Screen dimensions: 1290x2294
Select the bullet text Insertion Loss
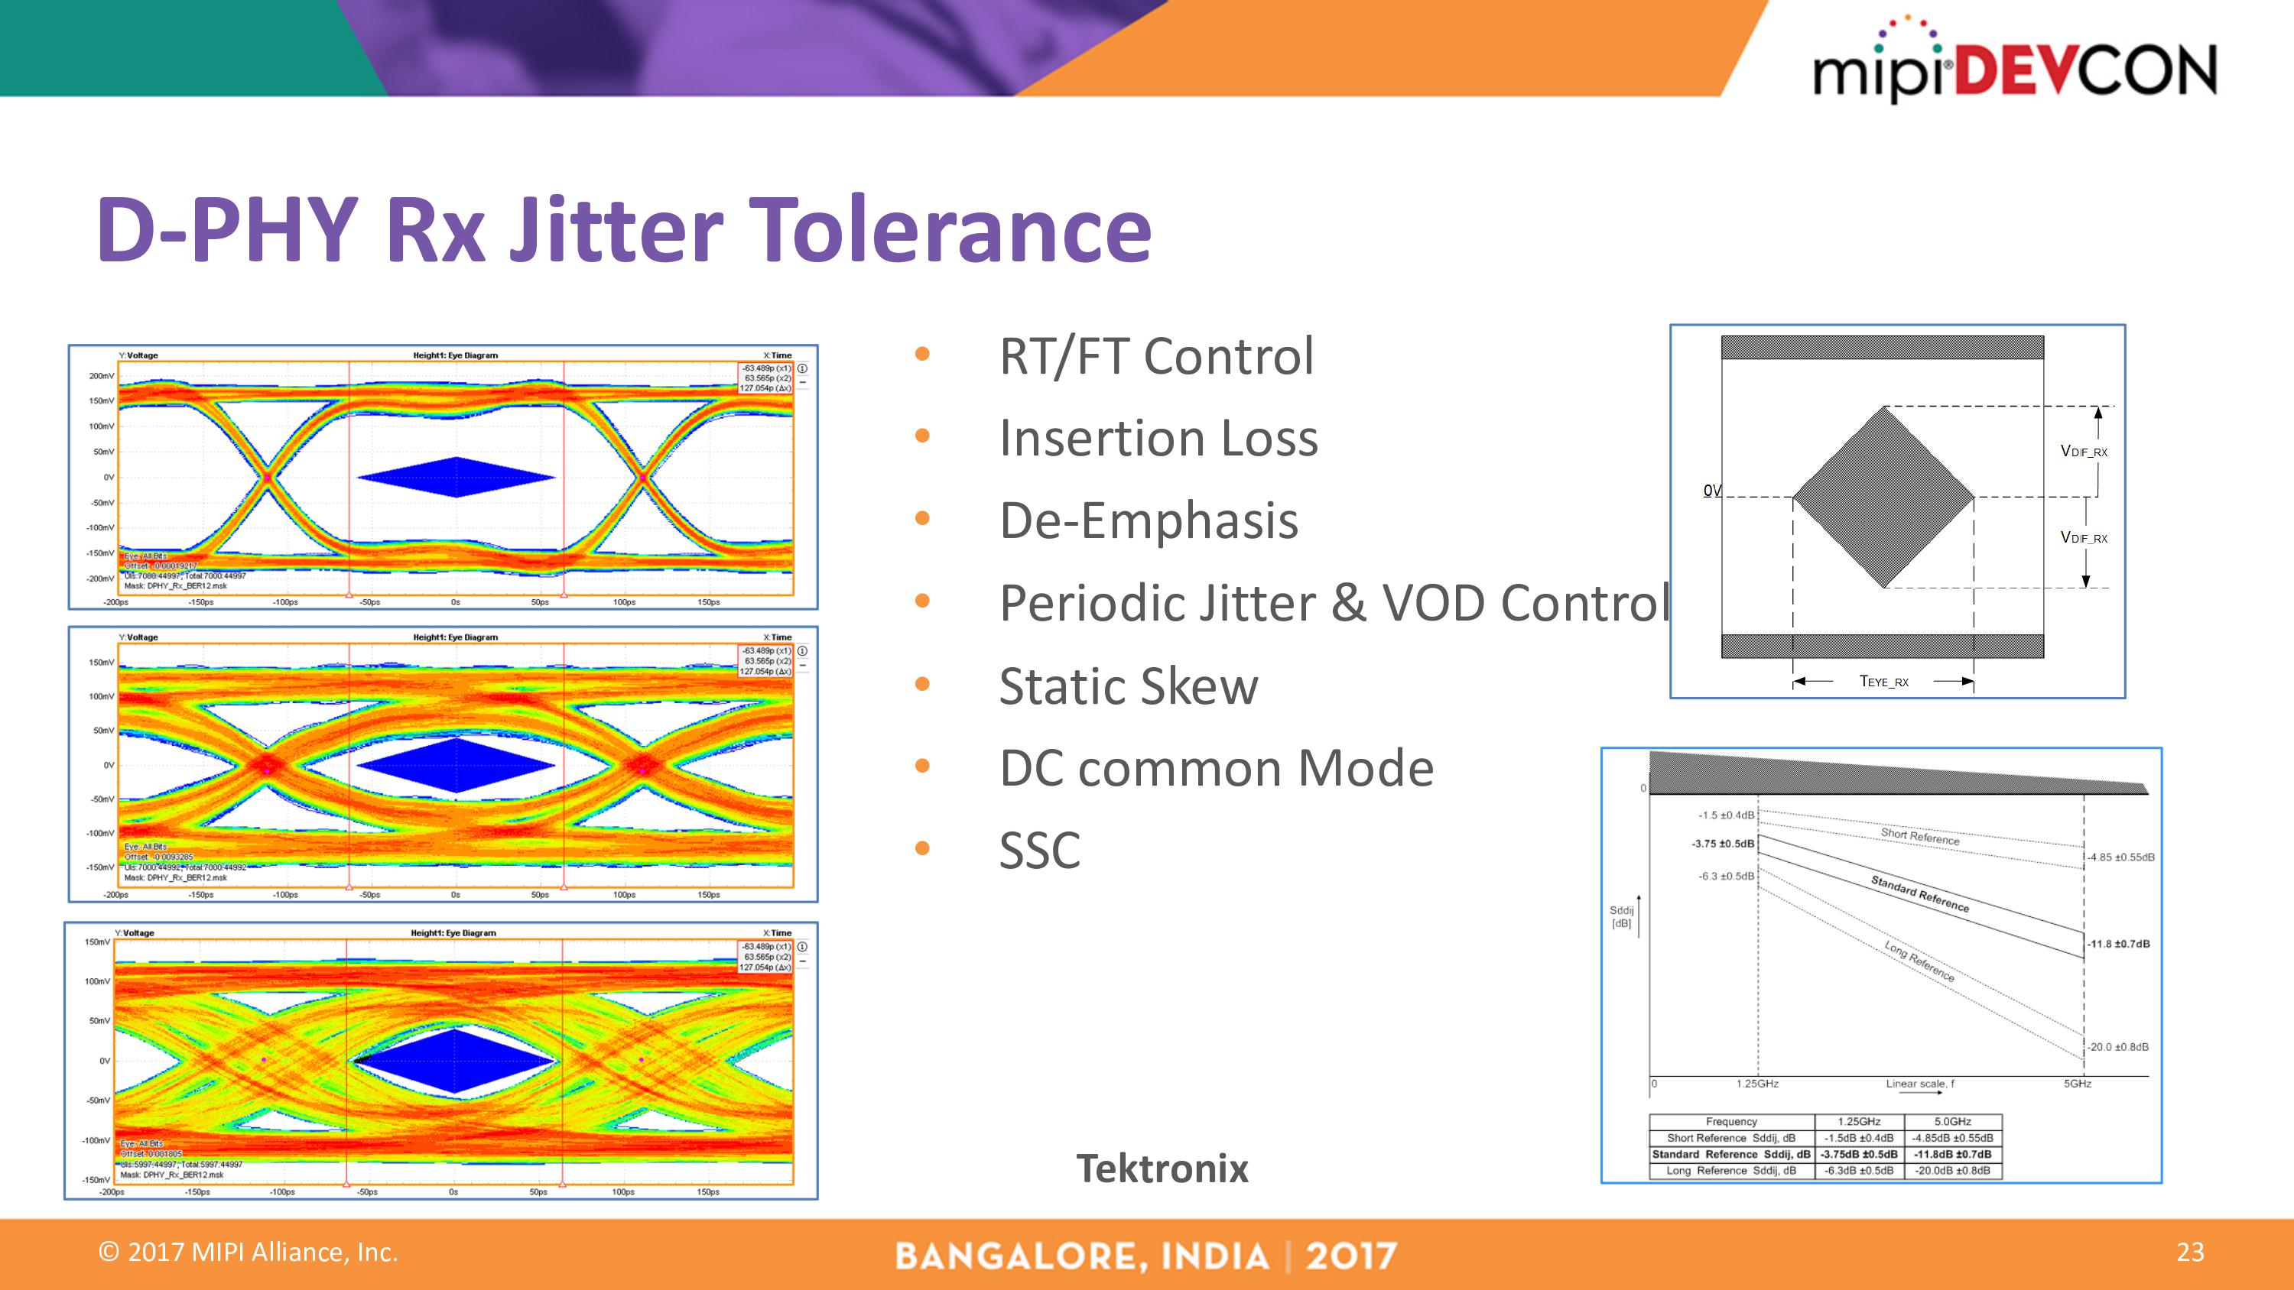coord(1158,438)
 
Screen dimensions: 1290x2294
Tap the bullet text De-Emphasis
coord(1148,520)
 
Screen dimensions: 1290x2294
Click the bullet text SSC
coord(1039,851)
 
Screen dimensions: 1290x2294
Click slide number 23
coord(2190,1253)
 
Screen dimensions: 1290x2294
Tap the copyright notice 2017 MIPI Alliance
coord(249,1253)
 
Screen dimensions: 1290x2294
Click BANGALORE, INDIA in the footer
coord(1081,1256)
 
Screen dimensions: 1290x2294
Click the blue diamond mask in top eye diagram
coord(456,477)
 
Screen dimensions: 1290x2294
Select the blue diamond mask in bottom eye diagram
coord(455,1060)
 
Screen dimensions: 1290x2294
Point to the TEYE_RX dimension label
coord(1883,682)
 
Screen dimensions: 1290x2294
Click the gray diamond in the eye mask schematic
coord(1883,497)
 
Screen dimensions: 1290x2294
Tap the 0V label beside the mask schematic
coord(1711,491)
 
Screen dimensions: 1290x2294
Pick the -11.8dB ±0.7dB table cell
coord(1952,1155)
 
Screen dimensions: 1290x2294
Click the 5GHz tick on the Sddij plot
coord(2077,1084)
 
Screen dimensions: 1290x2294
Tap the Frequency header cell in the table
coord(1730,1122)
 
